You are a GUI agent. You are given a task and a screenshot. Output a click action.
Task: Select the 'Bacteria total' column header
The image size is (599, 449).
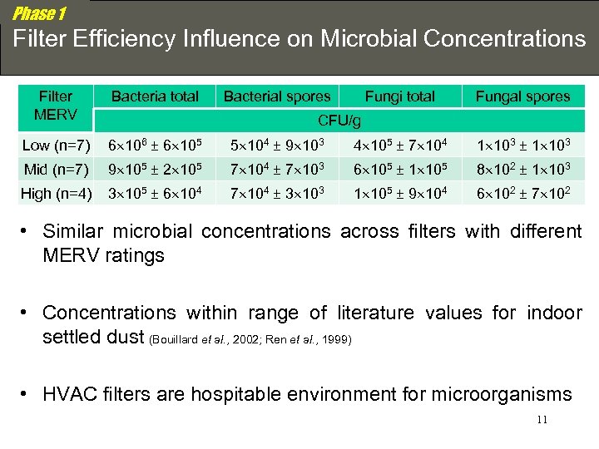coord(155,96)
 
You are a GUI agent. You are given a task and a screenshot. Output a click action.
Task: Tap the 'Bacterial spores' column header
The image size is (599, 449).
coord(277,96)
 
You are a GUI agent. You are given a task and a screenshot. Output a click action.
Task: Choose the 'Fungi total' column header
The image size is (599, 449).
coord(400,96)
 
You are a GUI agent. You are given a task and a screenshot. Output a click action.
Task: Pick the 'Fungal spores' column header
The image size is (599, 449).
coord(522,96)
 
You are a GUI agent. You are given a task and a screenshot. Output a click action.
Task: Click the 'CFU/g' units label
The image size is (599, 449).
coord(340,121)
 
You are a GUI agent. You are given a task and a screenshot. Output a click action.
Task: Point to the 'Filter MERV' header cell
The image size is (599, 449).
coord(56,106)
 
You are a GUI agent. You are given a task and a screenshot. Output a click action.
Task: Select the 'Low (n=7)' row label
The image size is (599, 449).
coord(57,146)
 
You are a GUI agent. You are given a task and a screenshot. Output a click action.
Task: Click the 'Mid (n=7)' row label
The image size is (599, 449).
coord(57,170)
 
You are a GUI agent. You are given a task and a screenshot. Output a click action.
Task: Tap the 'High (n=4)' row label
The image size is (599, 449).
coord(57,195)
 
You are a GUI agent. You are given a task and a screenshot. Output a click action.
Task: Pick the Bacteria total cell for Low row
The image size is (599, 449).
coord(155,146)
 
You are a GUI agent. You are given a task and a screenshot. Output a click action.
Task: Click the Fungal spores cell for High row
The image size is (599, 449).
coord(522,195)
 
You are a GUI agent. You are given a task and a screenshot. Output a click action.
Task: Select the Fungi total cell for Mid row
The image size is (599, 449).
coord(400,170)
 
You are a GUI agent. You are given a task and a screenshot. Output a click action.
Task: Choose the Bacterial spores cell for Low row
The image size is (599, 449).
coord(277,146)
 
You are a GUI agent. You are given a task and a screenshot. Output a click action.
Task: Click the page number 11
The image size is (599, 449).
coord(542,420)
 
